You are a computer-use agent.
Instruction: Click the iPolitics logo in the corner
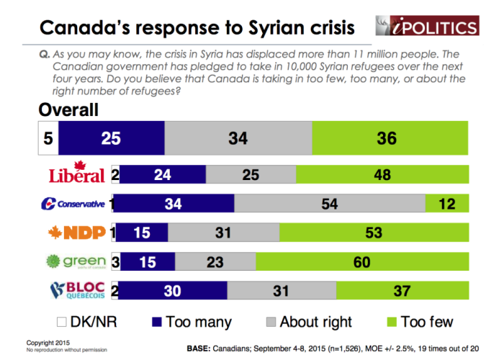point(426,26)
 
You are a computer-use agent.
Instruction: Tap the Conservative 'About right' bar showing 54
point(330,204)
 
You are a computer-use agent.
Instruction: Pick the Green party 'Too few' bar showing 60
point(361,262)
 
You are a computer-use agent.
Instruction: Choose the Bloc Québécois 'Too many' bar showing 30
point(171,291)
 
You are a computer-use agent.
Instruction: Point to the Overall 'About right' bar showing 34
point(238,138)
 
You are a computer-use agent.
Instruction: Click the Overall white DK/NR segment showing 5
point(48,138)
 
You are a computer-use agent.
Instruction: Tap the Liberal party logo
point(78,174)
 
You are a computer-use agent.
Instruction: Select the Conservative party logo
point(73,204)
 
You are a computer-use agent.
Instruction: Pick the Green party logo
point(75,262)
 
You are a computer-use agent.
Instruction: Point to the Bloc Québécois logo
point(76,291)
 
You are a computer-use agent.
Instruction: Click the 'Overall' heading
point(68,110)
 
